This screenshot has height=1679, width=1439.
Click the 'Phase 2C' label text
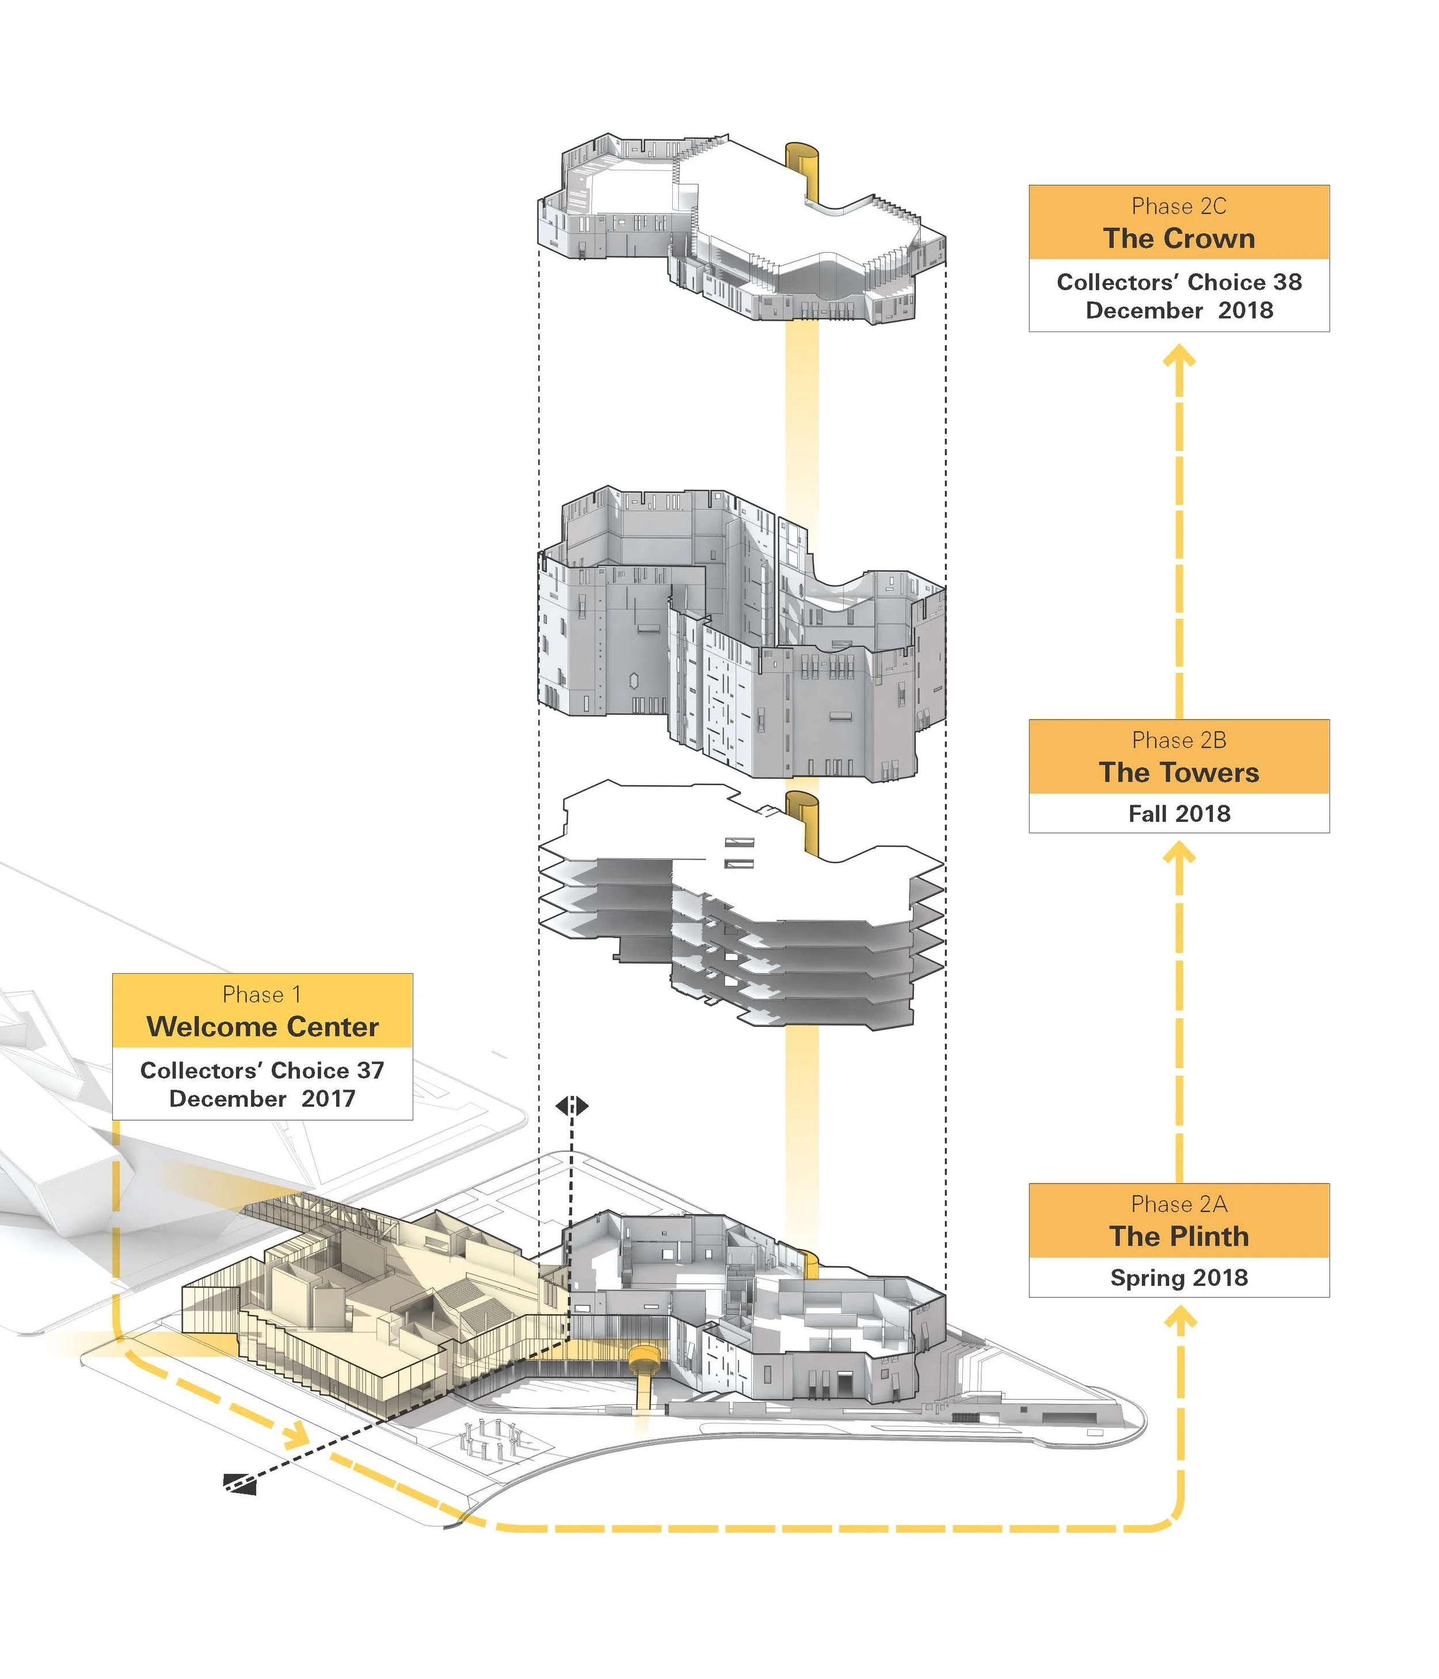(1179, 207)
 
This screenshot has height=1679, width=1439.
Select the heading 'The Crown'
(1179, 239)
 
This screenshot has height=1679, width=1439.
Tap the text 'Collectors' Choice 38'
(1179, 282)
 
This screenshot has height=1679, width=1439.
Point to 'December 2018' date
(1179, 310)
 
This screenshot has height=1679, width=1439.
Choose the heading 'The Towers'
(1179, 773)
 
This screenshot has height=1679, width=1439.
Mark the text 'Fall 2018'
(1179, 813)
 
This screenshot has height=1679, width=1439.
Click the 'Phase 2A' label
(1179, 1204)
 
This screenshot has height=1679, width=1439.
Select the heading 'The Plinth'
(1179, 1236)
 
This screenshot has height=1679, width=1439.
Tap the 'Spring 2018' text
(1179, 1278)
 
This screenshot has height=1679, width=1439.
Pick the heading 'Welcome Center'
(262, 1027)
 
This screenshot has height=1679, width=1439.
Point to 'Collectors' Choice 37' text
(262, 1071)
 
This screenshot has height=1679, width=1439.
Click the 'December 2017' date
(262, 1099)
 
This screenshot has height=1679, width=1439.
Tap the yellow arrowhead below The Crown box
(1179, 356)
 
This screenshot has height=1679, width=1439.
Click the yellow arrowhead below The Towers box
(1179, 852)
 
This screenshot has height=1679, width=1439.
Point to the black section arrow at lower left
(240, 1480)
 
